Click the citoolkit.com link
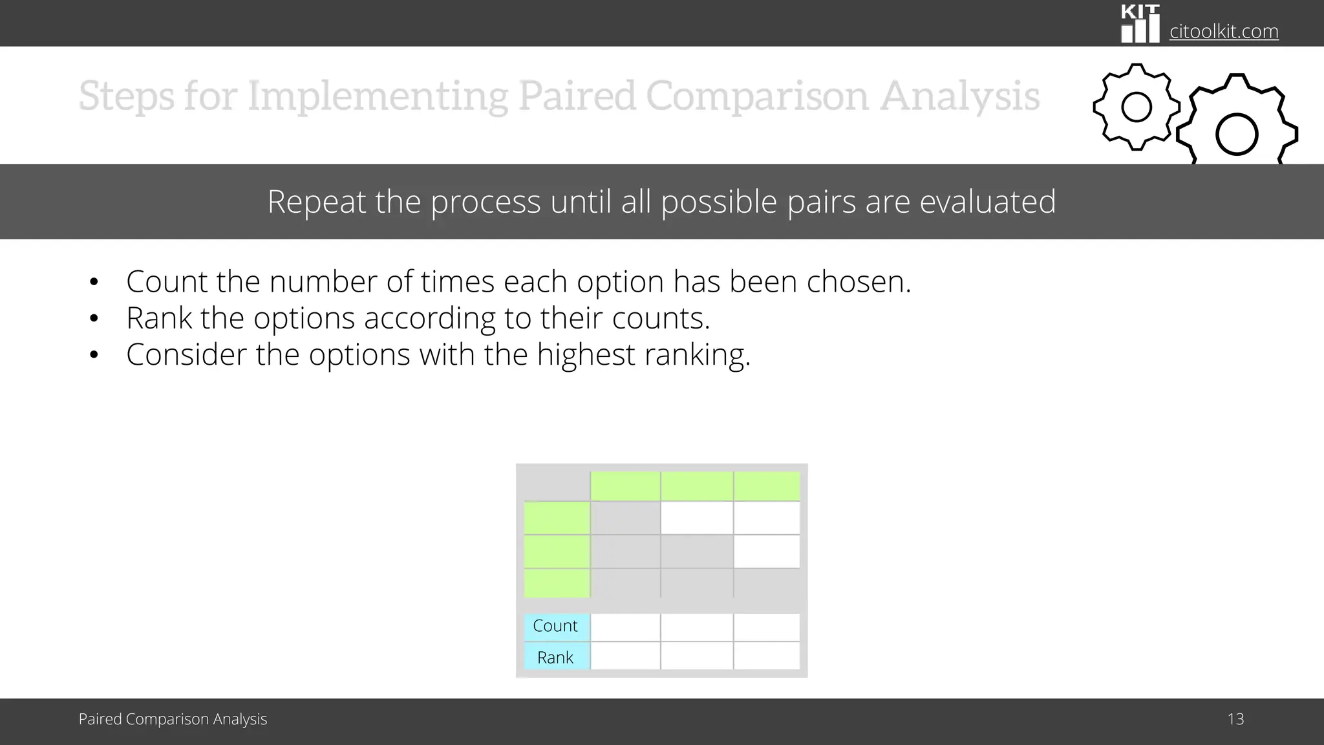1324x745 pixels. click(1223, 31)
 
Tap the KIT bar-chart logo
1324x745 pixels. click(1140, 25)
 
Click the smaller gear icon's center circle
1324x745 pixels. click(1137, 107)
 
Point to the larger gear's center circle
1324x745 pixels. click(1236, 135)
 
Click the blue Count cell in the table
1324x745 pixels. click(556, 626)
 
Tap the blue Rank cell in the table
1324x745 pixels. click(556, 657)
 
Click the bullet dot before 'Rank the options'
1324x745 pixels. click(94, 319)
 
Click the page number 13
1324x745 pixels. click(1235, 719)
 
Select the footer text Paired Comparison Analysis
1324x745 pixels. click(173, 719)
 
